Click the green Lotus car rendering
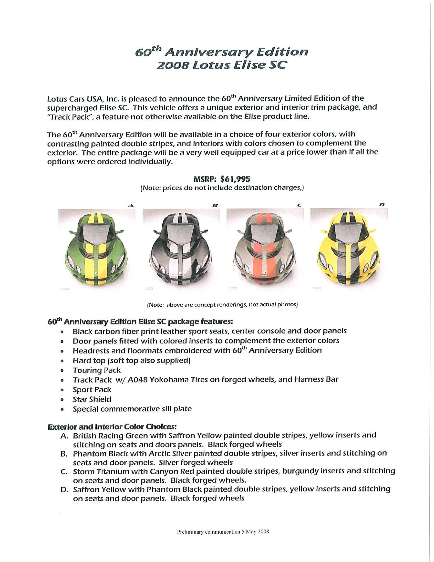click(96, 248)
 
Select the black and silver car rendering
click(180, 248)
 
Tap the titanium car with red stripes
click(264, 248)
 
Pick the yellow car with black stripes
click(348, 248)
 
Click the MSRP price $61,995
click(235, 179)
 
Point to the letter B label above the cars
click(215, 205)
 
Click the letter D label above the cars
click(382, 205)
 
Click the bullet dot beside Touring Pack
click(62, 371)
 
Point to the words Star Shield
click(92, 400)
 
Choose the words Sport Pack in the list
click(92, 390)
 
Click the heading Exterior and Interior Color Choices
click(112, 426)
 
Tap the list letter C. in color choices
click(64, 472)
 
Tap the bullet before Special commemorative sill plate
click(62, 409)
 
